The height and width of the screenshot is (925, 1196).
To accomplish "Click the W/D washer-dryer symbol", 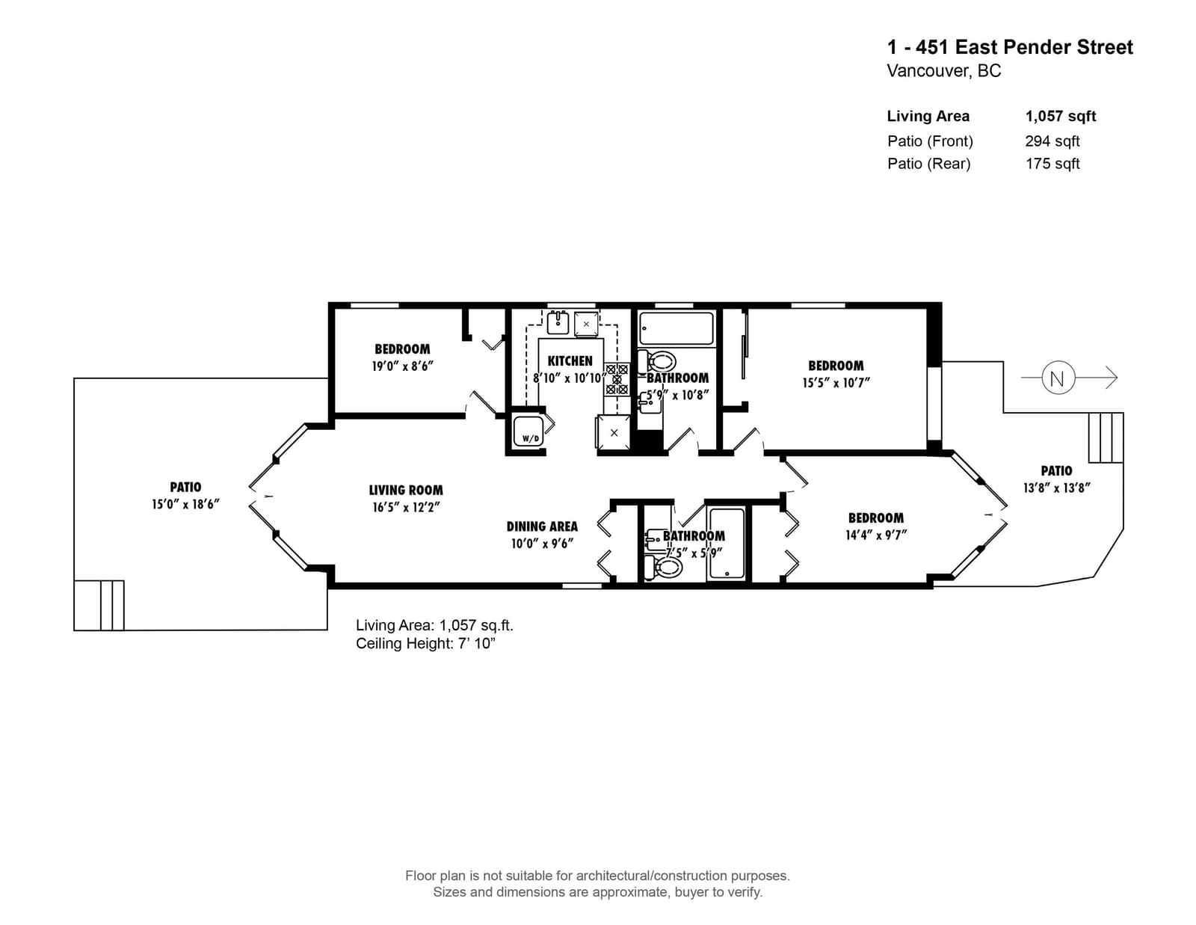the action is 528,431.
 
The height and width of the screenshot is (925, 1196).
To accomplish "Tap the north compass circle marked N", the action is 1057,378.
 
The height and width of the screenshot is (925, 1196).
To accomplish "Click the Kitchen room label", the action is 570,361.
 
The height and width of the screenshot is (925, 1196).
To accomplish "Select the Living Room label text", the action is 406,490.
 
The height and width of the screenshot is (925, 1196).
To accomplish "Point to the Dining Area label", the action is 542,526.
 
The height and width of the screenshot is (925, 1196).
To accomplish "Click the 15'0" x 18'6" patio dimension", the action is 185,504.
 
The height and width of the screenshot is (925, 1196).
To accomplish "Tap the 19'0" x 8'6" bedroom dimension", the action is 403,366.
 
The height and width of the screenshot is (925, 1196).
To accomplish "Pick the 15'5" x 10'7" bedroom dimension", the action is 836,383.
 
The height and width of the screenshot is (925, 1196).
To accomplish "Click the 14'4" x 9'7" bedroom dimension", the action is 875,535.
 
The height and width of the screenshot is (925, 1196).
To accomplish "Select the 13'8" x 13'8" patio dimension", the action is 1057,488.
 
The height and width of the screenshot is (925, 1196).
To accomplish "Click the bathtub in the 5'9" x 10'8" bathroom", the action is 676,329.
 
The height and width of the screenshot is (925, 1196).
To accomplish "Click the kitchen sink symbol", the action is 558,322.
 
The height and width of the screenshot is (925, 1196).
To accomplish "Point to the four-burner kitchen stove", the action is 617,379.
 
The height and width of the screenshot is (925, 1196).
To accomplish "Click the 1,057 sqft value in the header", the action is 1060,116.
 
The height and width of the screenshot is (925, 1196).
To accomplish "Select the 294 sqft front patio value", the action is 1052,141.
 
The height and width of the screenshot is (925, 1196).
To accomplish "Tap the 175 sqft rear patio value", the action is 1052,164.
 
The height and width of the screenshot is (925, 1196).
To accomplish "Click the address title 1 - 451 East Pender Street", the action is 1010,47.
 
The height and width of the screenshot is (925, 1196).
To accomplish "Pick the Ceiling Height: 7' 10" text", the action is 425,644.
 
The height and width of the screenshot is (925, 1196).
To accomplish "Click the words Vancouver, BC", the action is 944,71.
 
